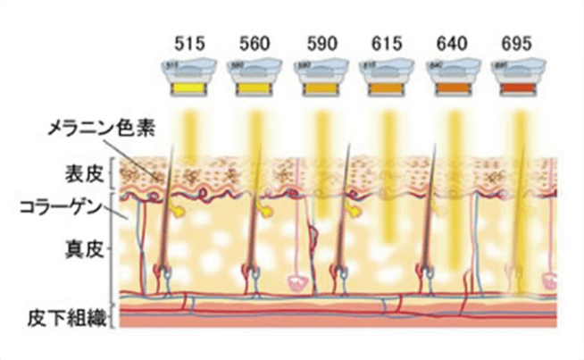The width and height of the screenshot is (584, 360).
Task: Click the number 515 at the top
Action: coord(188,43)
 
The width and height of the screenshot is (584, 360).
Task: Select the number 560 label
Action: coord(255,43)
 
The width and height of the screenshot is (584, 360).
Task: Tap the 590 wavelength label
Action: coord(321,43)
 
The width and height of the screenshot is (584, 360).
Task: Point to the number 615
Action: coord(388,43)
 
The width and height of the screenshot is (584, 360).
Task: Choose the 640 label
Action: coord(454,43)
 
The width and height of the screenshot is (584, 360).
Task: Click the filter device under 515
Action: coord(188,79)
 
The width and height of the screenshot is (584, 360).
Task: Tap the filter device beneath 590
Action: coord(321,79)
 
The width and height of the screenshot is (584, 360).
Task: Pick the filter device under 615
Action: coord(388,79)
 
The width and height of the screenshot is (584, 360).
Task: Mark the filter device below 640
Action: coord(454,79)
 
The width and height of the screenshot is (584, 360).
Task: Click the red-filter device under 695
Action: coord(521,79)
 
